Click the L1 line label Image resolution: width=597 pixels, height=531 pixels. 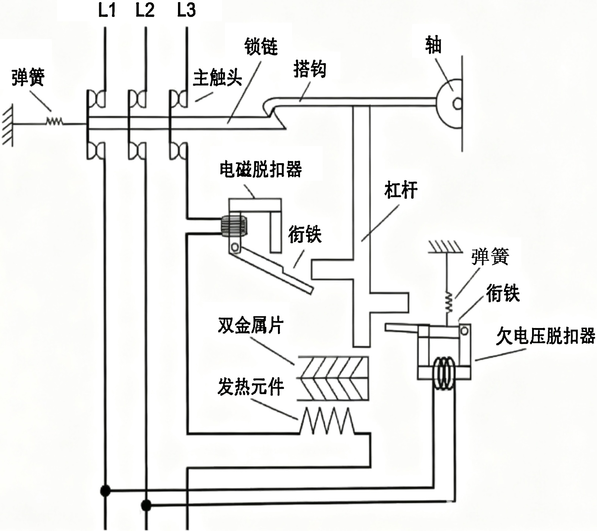tap(107, 10)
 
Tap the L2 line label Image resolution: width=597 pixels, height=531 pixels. tap(145, 10)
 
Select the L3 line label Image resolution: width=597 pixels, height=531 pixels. tap(186, 10)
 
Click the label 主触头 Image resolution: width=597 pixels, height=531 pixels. tap(217, 78)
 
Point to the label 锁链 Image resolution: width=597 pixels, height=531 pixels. tap(261, 47)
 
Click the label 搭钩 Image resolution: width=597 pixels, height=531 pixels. tap(310, 69)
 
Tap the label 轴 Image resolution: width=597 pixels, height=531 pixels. tap(433, 46)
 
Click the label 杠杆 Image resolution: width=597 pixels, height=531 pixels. tap(401, 190)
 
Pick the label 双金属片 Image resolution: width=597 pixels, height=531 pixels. tap(251, 325)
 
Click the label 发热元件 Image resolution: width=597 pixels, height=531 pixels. tap(251, 387)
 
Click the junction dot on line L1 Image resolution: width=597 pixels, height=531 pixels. tap(106, 490)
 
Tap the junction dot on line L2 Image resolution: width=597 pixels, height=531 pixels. tap(146, 506)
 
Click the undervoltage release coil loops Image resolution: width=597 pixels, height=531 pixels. tap(444, 373)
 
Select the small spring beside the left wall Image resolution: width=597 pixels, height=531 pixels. tap(54, 121)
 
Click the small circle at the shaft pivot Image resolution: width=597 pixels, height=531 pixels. tap(457, 103)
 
